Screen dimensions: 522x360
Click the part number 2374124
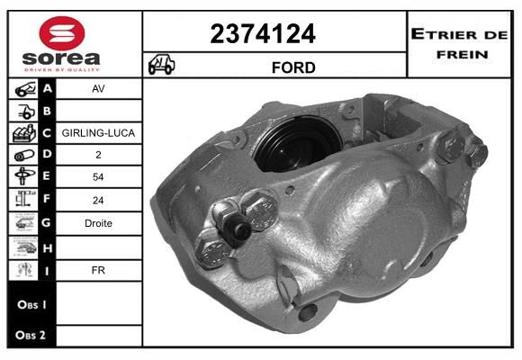(x=263, y=33)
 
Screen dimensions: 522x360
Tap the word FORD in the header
(x=293, y=67)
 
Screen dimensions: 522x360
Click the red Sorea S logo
(x=62, y=33)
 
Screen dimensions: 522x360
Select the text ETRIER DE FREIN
(x=459, y=44)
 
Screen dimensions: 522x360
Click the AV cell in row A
(x=98, y=88)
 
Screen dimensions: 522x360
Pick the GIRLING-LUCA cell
(x=98, y=133)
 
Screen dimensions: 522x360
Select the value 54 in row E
(x=98, y=176)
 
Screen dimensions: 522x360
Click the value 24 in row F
(x=98, y=201)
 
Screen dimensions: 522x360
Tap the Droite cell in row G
(x=98, y=223)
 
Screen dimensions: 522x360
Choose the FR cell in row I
(x=98, y=270)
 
